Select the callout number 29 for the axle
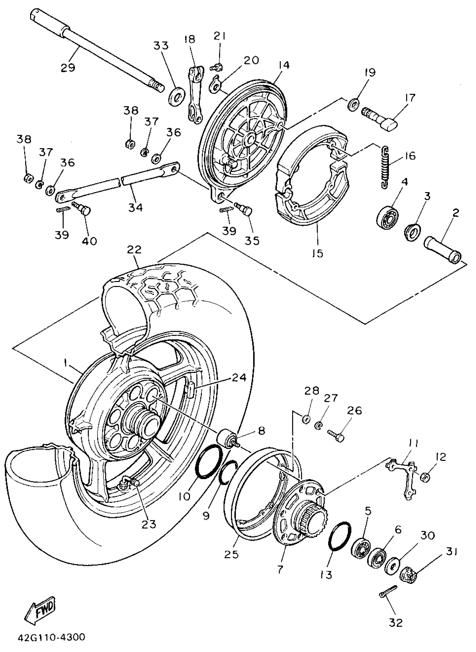click(x=68, y=68)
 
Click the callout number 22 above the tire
click(x=134, y=250)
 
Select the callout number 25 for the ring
click(x=231, y=554)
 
